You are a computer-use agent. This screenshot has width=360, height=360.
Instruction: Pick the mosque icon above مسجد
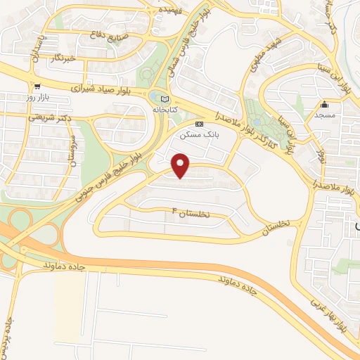[x=324, y=105]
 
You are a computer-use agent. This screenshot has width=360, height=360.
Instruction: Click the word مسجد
[x=324, y=115]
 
